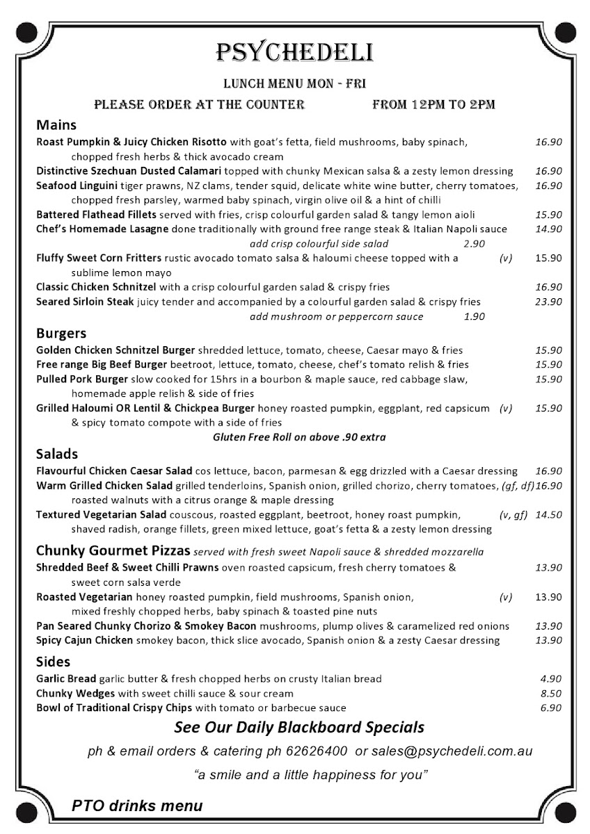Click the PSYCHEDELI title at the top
click(295, 52)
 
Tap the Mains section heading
click(56, 126)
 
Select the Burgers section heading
click(61, 333)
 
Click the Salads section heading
click(57, 455)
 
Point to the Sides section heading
click(54, 662)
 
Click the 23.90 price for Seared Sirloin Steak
click(548, 302)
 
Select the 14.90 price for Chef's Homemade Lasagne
click(548, 229)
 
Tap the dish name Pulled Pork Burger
click(82, 379)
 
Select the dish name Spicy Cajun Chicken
click(84, 641)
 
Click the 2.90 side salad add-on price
click(474, 244)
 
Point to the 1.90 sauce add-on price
click(474, 317)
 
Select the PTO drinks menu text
click(137, 806)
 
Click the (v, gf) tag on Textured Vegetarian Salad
click(513, 515)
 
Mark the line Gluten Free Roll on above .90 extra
click(299, 438)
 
